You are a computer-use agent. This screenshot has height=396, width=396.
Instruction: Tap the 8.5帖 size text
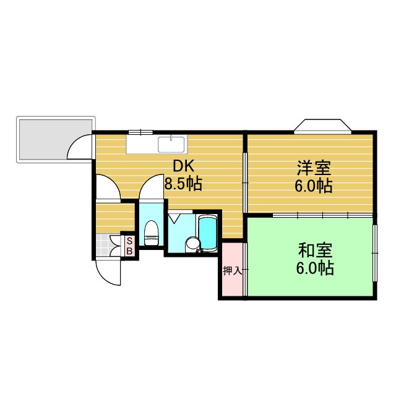(x=183, y=184)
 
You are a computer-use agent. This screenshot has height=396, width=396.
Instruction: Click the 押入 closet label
(x=232, y=271)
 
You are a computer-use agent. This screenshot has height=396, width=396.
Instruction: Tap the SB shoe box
(x=129, y=246)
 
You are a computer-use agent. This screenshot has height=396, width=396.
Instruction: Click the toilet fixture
(x=150, y=233)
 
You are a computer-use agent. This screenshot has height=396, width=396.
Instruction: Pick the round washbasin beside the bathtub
(x=193, y=244)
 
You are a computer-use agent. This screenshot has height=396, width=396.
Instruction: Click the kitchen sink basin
(x=171, y=144)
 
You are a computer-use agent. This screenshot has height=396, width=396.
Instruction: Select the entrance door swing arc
(x=106, y=272)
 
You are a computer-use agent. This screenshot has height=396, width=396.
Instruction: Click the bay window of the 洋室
(x=322, y=126)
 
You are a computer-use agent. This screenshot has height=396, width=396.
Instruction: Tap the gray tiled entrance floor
(x=109, y=245)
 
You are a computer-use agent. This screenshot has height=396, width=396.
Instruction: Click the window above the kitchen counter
(x=140, y=132)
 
